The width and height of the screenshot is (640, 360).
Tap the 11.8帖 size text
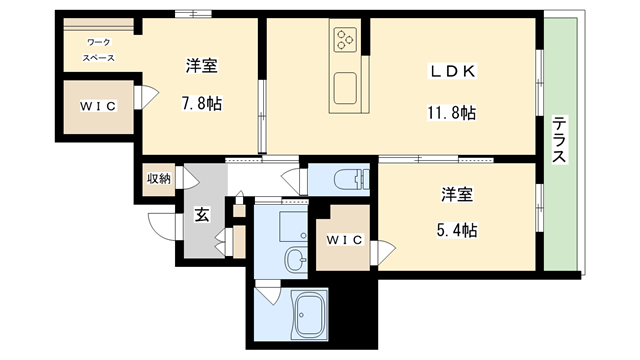pos(452,112)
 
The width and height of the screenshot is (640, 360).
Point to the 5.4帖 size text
pos(458,230)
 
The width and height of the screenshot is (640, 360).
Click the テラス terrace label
pos(560,142)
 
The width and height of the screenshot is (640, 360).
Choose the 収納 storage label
pos(160,179)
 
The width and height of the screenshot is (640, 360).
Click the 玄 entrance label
pos(201,213)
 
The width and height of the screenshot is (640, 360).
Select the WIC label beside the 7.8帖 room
pos(98,107)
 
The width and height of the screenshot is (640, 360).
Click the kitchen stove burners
pos(346,41)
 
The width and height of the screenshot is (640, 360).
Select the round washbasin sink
pos(297,262)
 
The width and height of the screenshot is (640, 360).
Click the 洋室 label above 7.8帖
pos(202,67)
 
